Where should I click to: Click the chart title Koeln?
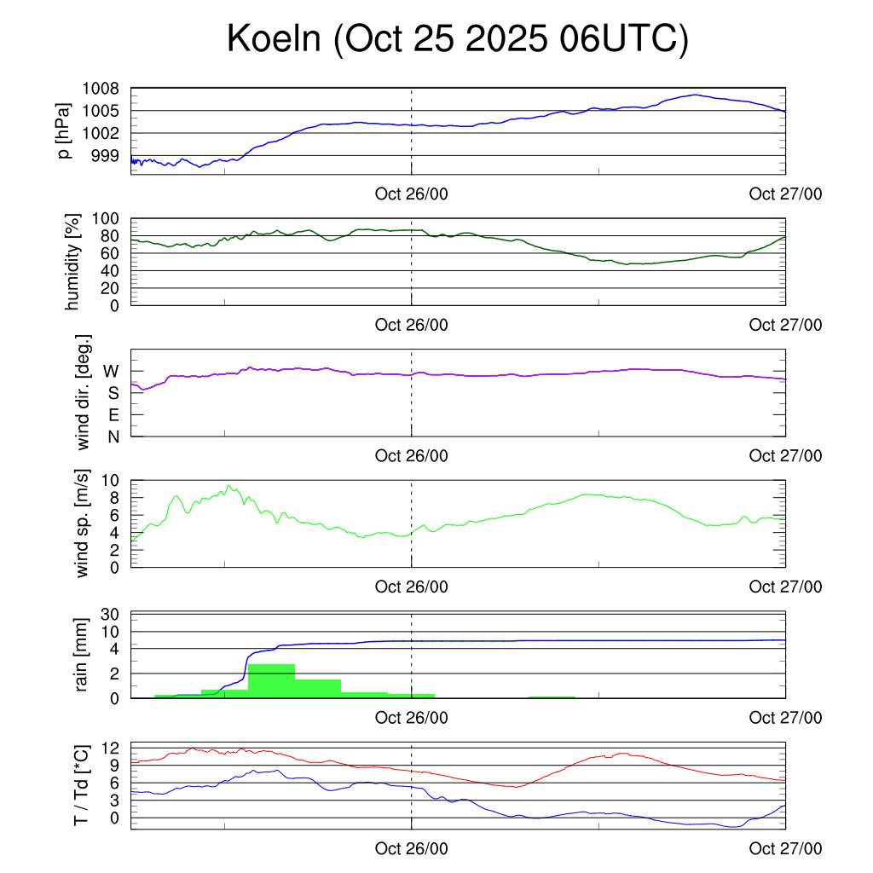(457, 40)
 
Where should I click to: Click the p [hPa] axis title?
(63, 130)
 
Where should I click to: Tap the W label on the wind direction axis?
(111, 371)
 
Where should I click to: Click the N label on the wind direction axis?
(113, 436)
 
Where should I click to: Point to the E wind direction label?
(113, 415)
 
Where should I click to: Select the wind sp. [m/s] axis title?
(83, 523)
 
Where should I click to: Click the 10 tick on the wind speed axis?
(109, 480)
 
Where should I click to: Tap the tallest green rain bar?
(271, 680)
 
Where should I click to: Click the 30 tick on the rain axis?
(109, 615)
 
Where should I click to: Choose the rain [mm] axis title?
(83, 655)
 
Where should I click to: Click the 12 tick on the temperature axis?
(109, 748)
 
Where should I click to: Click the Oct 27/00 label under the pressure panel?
(785, 194)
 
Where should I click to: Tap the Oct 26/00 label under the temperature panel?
(411, 849)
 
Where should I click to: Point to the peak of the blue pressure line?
(696, 95)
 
